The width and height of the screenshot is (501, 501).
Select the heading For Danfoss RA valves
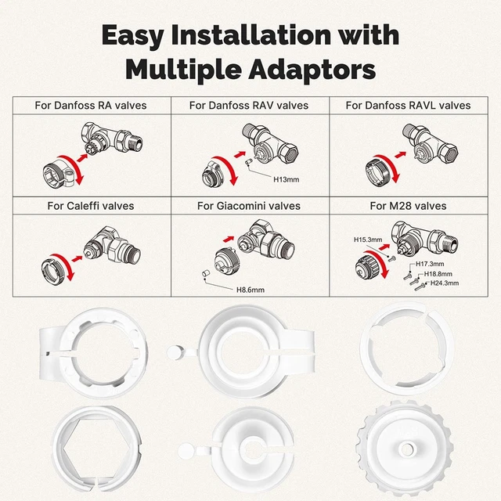91,105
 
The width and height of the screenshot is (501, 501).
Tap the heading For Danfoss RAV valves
249,105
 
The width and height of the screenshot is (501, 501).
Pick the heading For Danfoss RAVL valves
408,105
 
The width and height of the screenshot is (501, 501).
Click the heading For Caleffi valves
91,206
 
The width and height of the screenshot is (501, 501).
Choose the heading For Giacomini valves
249,206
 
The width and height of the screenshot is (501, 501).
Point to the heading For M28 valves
408,206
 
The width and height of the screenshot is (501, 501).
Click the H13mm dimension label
286,179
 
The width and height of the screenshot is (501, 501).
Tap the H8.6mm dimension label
250,290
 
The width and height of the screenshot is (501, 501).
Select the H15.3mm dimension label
368,240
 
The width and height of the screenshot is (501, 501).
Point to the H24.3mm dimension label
444,283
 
